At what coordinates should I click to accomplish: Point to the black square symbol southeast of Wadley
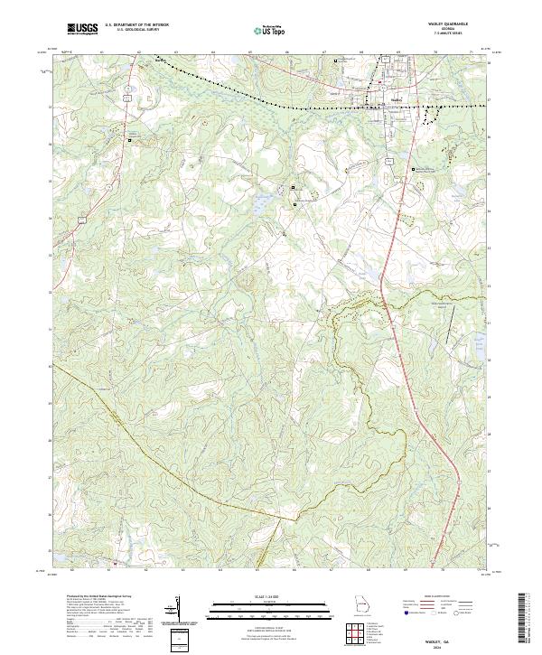(413, 169)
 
